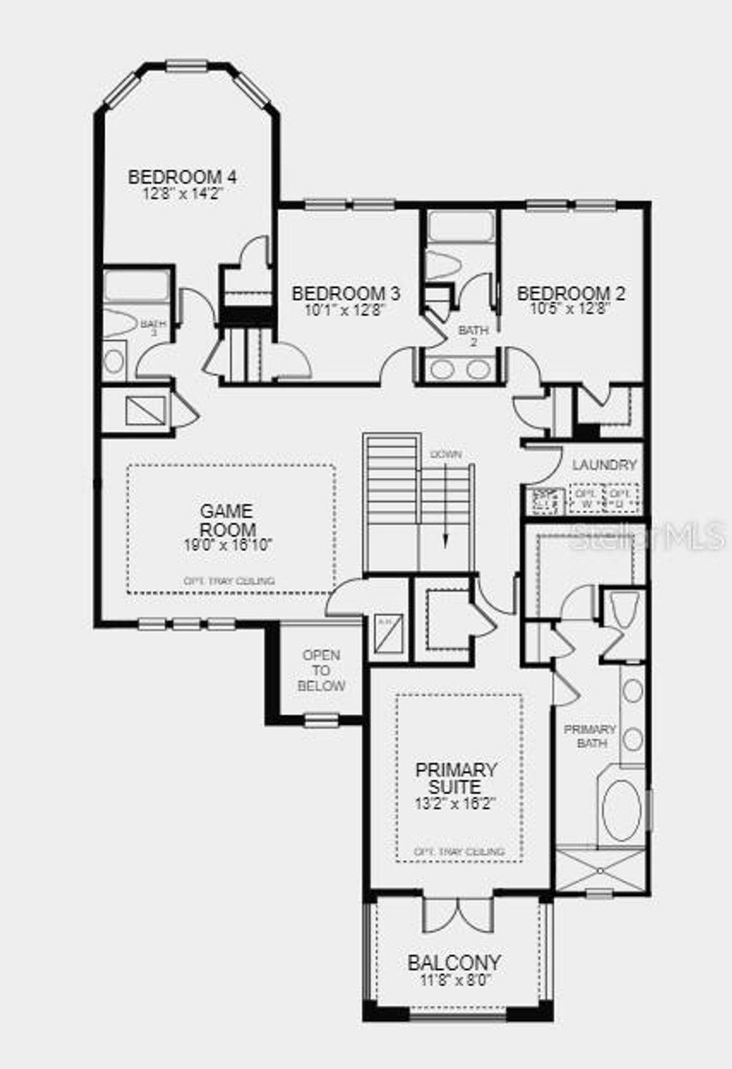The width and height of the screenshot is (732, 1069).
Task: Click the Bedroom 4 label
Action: coord(182,176)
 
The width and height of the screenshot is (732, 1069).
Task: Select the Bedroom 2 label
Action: coord(570,294)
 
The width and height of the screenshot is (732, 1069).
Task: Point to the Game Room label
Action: coord(227,520)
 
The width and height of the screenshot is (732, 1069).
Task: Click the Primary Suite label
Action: coord(456,778)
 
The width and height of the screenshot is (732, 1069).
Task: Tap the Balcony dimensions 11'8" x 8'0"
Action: coord(454,980)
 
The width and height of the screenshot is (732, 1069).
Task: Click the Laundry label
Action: coord(604,465)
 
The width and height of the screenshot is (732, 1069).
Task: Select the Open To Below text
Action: coord(321,670)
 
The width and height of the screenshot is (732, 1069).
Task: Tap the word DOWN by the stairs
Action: coord(446,454)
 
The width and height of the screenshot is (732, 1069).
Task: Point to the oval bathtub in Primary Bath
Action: coord(622,810)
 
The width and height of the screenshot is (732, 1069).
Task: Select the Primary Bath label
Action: coord(590,736)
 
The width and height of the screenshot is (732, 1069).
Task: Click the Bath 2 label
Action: coord(473,336)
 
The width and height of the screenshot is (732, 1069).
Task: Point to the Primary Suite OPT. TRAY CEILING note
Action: coord(460,852)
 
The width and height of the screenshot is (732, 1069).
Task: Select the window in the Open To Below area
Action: coord(321,720)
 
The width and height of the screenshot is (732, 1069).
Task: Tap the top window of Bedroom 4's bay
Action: coord(187,66)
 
